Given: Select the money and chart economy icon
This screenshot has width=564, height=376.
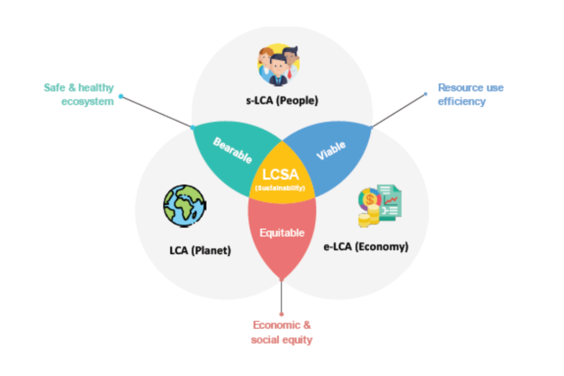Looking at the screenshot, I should click(x=379, y=206).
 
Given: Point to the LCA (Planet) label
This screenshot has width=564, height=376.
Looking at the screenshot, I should click(x=200, y=251).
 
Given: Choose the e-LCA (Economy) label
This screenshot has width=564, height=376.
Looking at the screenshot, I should click(x=366, y=246).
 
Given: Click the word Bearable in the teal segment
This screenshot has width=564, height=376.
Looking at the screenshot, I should click(x=233, y=150).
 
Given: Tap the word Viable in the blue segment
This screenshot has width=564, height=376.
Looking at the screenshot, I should click(x=331, y=150).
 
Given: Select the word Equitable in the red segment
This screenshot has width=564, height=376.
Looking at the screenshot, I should click(x=282, y=233).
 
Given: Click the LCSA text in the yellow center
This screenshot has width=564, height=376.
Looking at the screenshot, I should click(x=281, y=175).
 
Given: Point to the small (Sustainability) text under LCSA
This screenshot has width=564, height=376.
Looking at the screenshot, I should click(x=280, y=188).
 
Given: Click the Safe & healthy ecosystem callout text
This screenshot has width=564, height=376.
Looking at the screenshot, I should click(x=79, y=94).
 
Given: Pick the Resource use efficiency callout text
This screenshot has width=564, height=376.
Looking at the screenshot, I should click(x=470, y=94).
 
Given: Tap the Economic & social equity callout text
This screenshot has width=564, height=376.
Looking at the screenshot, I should click(x=282, y=332).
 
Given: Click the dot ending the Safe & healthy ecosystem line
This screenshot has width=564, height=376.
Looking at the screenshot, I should click(x=121, y=96).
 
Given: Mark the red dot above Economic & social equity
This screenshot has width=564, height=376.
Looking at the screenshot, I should click(x=282, y=314).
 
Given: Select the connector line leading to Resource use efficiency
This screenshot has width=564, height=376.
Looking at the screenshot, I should click(x=399, y=110).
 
